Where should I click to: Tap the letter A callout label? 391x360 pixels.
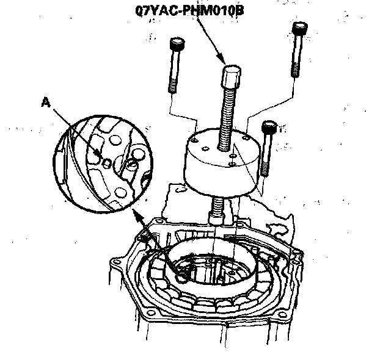[45, 104]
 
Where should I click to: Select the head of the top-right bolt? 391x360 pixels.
[299, 29]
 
